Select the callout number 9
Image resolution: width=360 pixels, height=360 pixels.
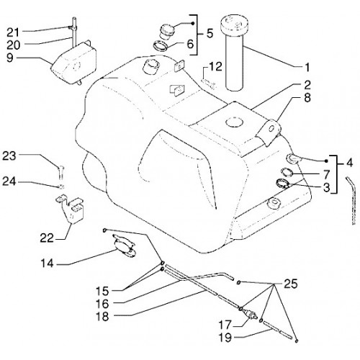point(10,58)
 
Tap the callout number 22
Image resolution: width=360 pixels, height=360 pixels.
point(47,238)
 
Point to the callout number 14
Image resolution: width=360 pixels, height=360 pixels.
point(48,264)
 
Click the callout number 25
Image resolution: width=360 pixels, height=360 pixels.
point(291,284)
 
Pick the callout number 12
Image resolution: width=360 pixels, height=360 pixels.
point(215,67)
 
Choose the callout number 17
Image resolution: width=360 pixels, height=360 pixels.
point(225,325)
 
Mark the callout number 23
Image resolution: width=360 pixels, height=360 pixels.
point(9,156)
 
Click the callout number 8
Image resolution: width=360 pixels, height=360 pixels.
point(307,98)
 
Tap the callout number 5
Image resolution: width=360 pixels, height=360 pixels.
point(210,34)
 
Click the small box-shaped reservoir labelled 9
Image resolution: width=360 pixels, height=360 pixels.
point(73,63)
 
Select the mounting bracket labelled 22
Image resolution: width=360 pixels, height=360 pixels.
point(70,208)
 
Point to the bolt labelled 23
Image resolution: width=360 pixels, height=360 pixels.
point(61,172)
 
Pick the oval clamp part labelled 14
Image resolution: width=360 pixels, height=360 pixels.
point(125,246)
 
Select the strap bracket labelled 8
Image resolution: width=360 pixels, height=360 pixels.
point(269,132)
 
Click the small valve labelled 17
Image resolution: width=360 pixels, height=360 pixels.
point(250,313)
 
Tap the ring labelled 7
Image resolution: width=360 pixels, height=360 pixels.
point(287,172)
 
